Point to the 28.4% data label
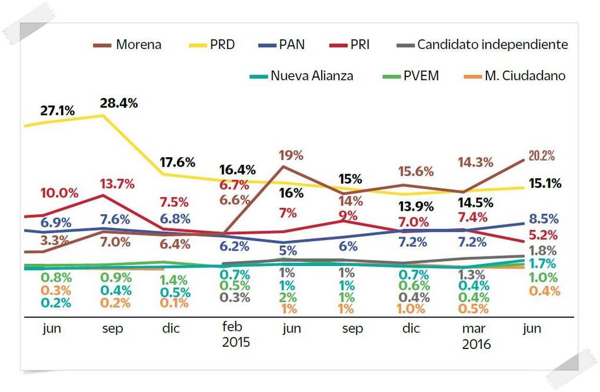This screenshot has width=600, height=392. pos(119,104)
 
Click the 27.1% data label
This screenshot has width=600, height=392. pos(57,111)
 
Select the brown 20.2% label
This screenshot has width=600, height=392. pos(542,156)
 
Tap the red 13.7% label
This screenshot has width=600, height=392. pos(116,184)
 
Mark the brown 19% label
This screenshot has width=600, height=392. pos(291,155)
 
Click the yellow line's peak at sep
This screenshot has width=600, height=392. pos(104,115)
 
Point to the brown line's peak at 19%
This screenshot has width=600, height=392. pos(284,167)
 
